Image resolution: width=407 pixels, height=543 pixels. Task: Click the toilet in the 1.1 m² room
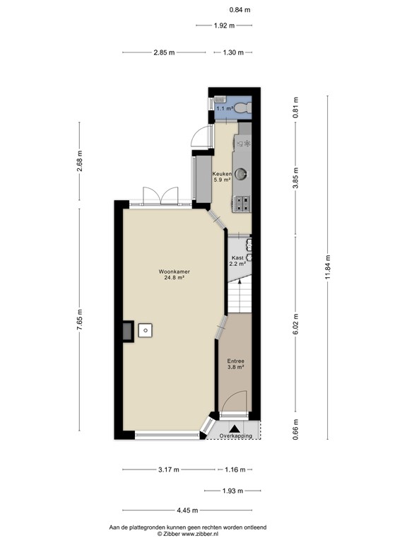[242, 107]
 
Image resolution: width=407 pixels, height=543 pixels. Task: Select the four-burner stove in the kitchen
[242, 203]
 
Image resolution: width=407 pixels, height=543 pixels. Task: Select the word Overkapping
[235, 436]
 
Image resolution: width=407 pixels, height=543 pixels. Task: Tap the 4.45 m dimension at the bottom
[188, 510]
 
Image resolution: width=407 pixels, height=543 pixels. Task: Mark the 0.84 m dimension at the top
[240, 10]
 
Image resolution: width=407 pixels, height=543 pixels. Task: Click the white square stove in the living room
[146, 330]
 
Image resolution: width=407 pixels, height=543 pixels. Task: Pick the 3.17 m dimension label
[168, 469]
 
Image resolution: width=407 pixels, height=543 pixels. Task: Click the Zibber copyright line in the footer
[187, 534]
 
